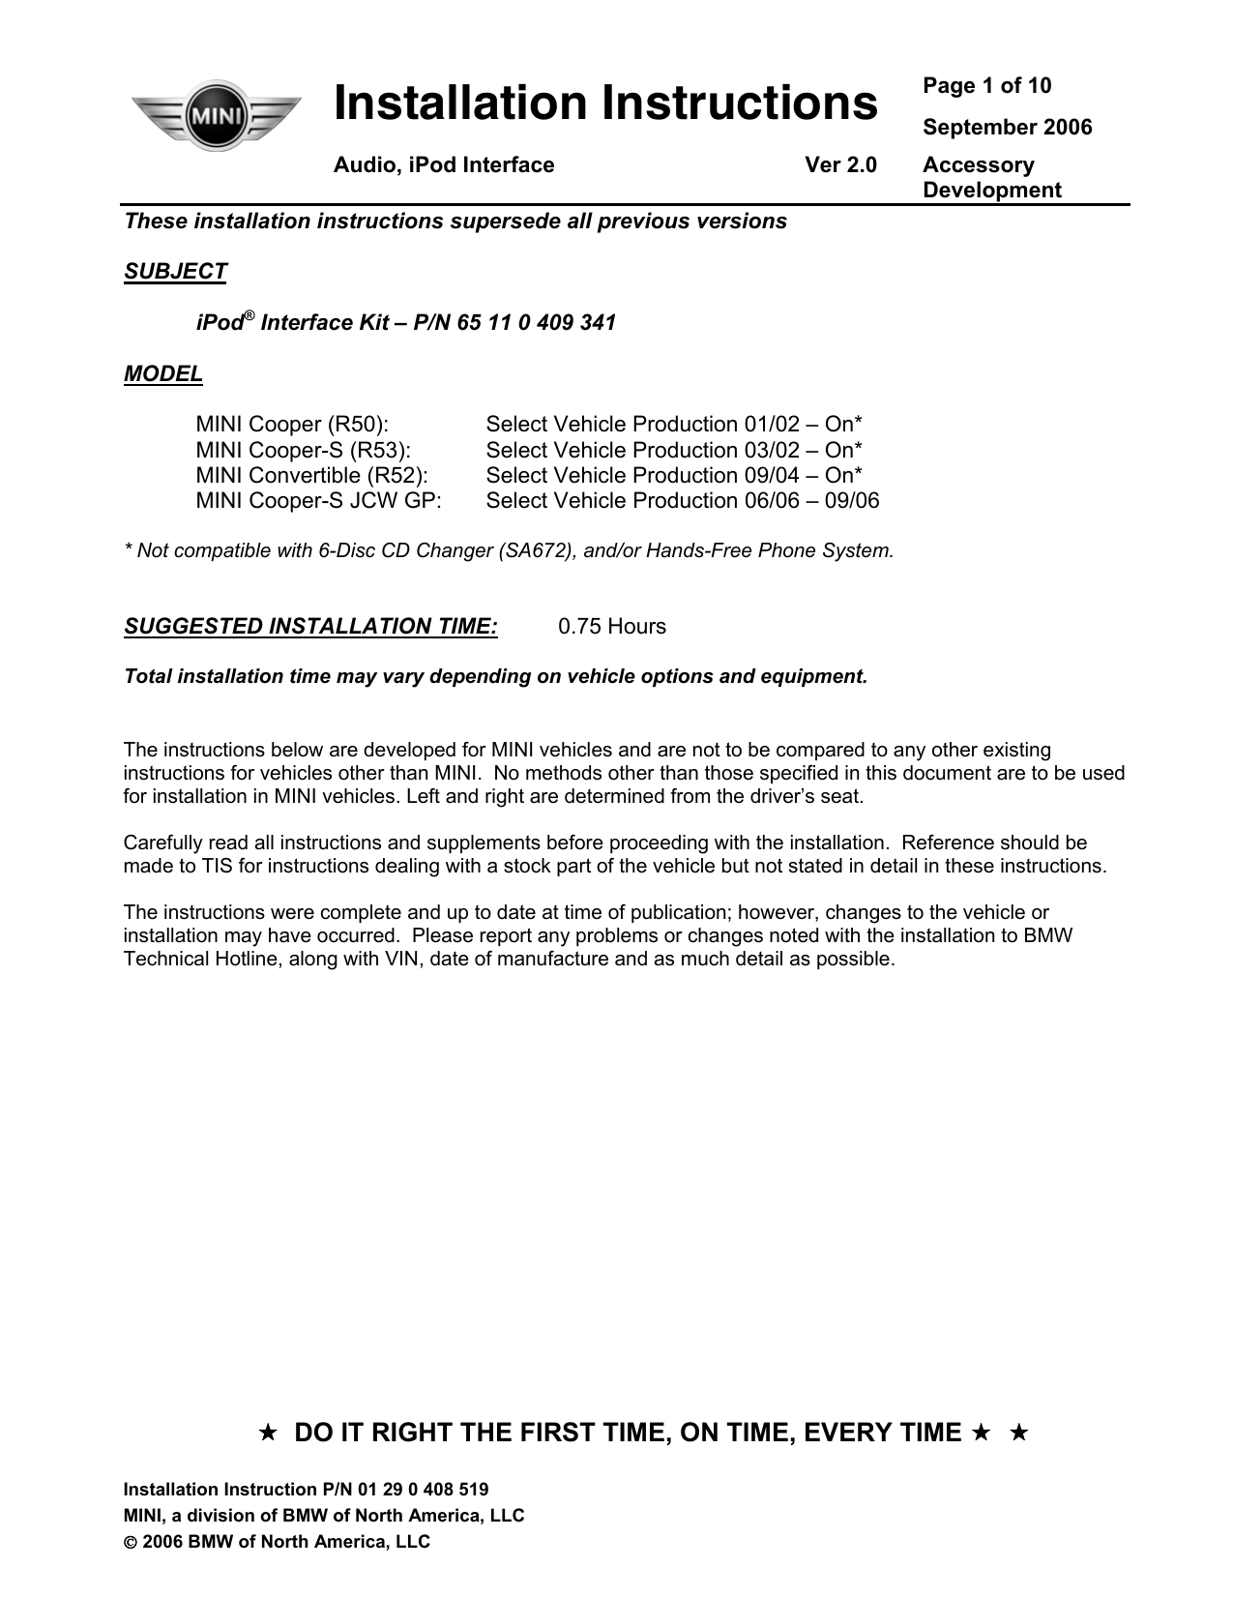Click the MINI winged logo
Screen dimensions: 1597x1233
click(x=215, y=115)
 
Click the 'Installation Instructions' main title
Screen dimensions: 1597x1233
click(x=605, y=104)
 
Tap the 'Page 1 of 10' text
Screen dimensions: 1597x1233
click(x=986, y=86)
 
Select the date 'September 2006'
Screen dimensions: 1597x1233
click(x=1007, y=128)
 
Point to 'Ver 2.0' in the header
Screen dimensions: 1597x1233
click(x=840, y=165)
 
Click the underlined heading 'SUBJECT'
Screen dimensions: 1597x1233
click(x=175, y=272)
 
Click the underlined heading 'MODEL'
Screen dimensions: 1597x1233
click(x=163, y=374)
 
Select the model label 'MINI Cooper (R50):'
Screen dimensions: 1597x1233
click(x=292, y=425)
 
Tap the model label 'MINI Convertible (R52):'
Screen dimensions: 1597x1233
click(x=311, y=476)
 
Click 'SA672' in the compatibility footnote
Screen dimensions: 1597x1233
click(x=531, y=551)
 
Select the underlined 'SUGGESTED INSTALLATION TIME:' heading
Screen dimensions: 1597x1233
click(x=310, y=627)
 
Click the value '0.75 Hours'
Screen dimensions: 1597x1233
click(x=612, y=627)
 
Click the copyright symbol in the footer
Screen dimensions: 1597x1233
click(x=131, y=1543)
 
